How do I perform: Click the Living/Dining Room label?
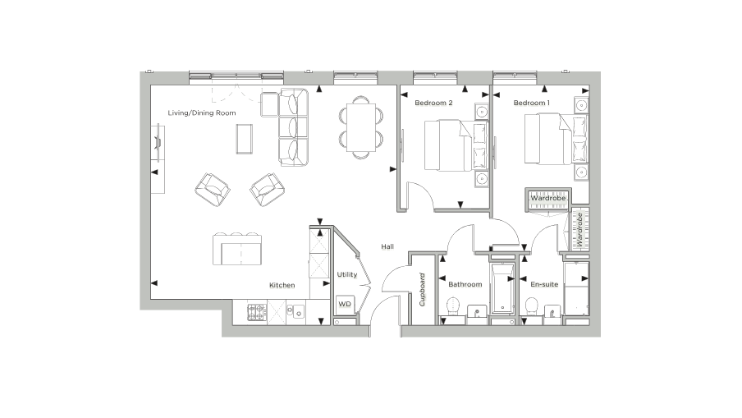pyautogui.click(x=202, y=113)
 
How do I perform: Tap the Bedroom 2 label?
pyautogui.click(x=433, y=103)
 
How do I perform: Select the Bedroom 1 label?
pyautogui.click(x=532, y=103)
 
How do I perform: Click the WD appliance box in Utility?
pyautogui.click(x=345, y=304)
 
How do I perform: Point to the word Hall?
pyautogui.click(x=387, y=246)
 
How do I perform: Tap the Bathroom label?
pyautogui.click(x=465, y=284)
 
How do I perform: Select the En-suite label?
pyautogui.click(x=544, y=284)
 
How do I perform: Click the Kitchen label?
pyautogui.click(x=282, y=285)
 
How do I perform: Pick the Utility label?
pyautogui.click(x=347, y=274)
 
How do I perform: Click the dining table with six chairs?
pyautogui.click(x=362, y=126)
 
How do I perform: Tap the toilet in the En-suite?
pyautogui.click(x=530, y=308)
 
